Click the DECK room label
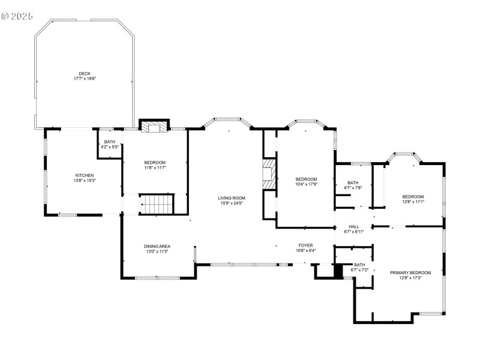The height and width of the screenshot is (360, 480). [85, 73]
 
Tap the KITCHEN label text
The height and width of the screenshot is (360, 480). [85, 175]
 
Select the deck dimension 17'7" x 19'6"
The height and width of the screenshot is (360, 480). [85, 79]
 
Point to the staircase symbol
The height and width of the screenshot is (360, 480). [157, 204]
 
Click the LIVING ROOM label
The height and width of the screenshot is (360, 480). [231, 197]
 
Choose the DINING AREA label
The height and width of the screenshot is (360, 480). [157, 246]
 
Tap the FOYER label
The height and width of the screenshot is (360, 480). [306, 245]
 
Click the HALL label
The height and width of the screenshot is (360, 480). [354, 226]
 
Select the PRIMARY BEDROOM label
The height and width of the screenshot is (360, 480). [410, 272]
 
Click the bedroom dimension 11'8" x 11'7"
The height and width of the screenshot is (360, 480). [155, 168]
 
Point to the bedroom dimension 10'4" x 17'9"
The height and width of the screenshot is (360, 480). [306, 185]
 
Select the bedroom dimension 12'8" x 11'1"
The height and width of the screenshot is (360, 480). [413, 202]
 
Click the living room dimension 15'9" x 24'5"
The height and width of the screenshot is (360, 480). [231, 203]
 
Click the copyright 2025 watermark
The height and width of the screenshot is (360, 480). [17, 16]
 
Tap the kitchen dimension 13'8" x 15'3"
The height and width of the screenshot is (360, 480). [85, 181]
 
